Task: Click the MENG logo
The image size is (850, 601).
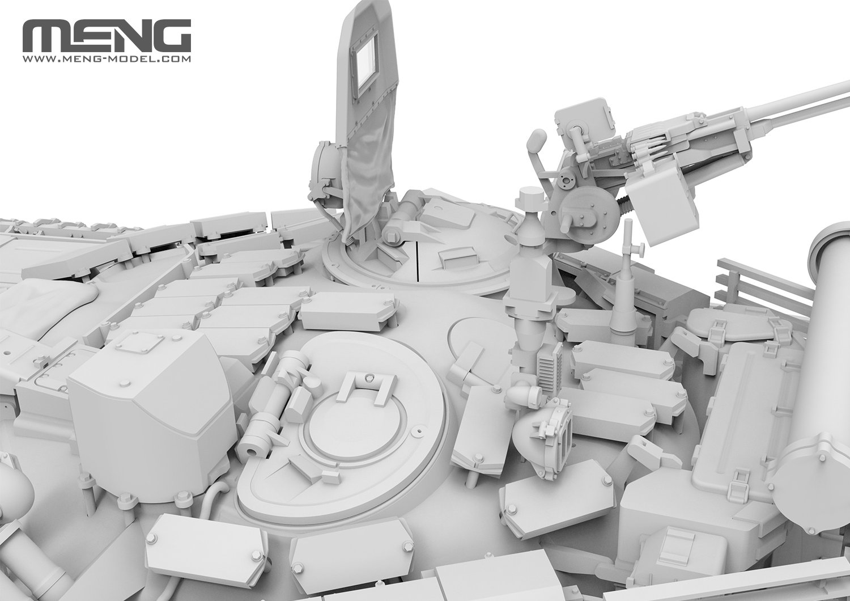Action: [x=107, y=36]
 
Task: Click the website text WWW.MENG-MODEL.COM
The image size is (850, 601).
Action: [x=107, y=59]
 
